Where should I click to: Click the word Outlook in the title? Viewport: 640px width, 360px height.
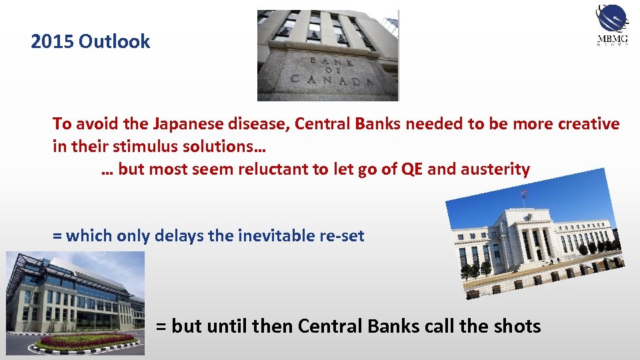tap(114, 42)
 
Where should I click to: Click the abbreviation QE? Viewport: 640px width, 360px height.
tap(412, 169)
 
